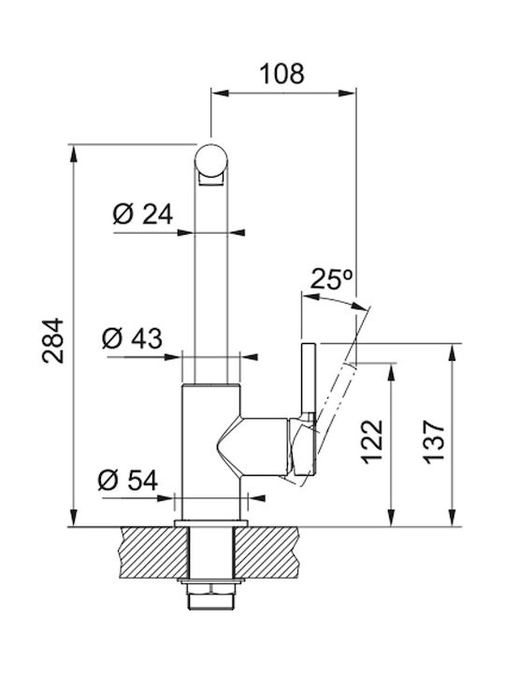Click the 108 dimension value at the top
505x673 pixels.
[x=282, y=74]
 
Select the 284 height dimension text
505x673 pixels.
[x=52, y=341]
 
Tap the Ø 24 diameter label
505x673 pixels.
[x=142, y=214]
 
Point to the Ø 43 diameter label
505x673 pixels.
[x=132, y=338]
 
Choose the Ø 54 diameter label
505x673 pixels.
[x=128, y=480]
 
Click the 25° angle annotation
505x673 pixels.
[x=331, y=279]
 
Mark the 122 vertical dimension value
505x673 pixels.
[x=372, y=441]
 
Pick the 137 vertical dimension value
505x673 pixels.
[x=434, y=441]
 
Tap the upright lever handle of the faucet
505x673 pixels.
[x=310, y=379]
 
